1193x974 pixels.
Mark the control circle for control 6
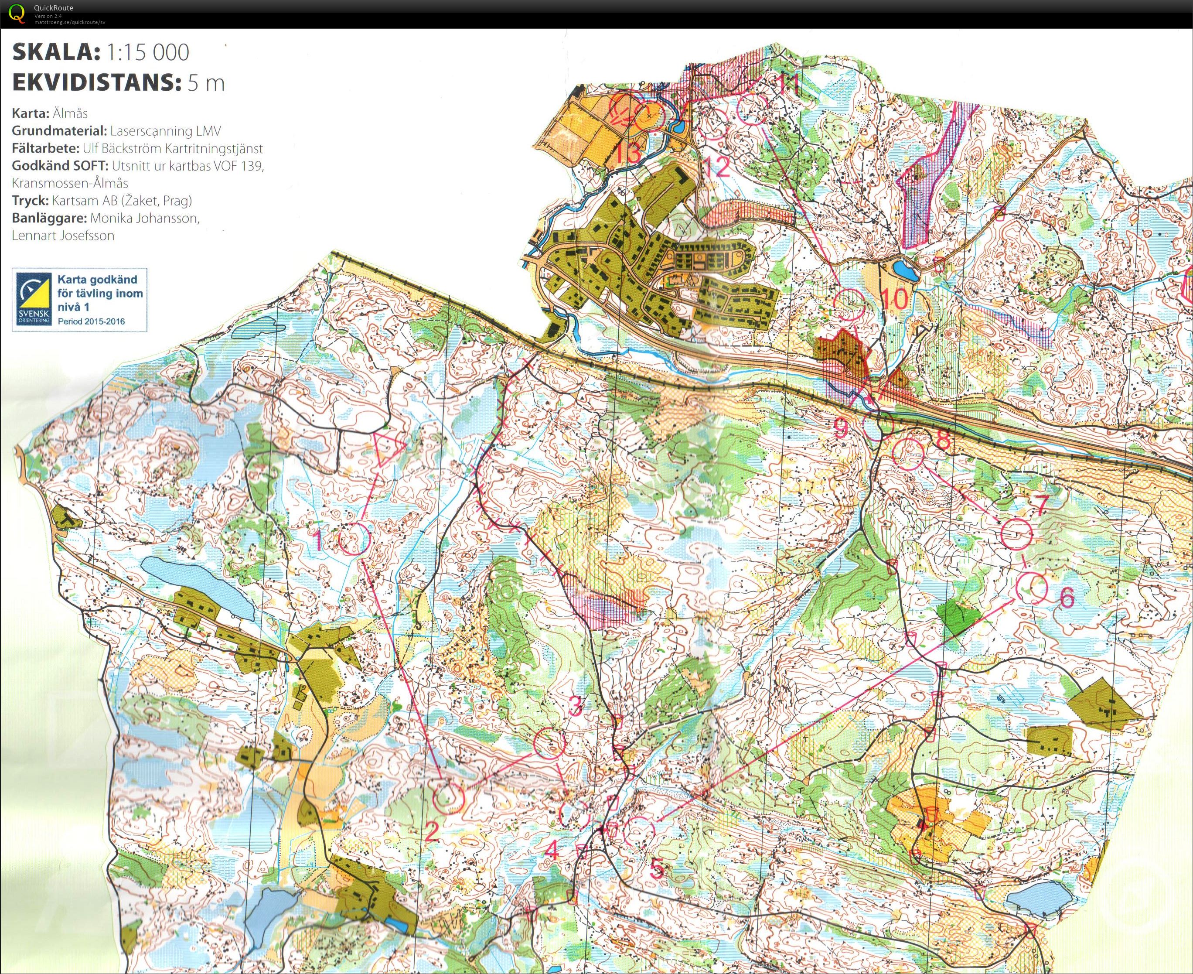[1032, 588]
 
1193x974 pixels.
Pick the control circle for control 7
[1017, 533]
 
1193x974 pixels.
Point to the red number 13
[627, 153]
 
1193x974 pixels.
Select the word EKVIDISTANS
[92, 83]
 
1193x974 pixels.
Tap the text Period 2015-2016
[91, 321]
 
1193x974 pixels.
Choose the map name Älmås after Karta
[70, 113]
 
